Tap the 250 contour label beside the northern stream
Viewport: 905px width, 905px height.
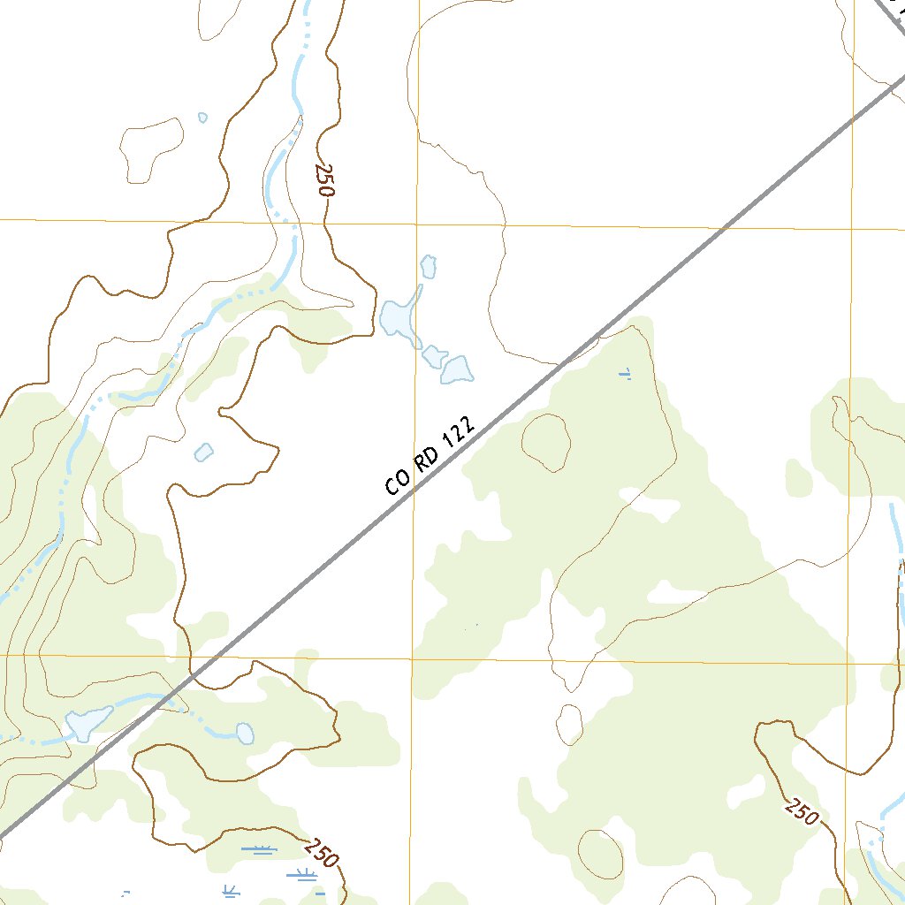[x=325, y=180]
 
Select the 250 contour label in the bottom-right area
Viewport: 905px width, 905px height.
[x=802, y=811]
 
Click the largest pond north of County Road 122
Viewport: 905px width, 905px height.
[x=399, y=317]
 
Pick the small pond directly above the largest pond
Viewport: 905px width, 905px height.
[x=429, y=265]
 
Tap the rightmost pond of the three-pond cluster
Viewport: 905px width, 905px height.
[x=456, y=369]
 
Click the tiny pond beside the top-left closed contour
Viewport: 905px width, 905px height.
[x=202, y=118]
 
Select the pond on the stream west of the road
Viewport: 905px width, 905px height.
[x=89, y=724]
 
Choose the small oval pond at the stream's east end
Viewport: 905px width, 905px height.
[x=245, y=733]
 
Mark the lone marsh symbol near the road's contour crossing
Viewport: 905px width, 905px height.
[x=626, y=374]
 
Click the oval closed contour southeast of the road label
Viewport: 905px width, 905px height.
[x=545, y=442]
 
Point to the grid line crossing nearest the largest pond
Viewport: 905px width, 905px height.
[x=415, y=224]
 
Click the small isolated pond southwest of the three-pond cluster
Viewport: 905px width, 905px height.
[x=203, y=452]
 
